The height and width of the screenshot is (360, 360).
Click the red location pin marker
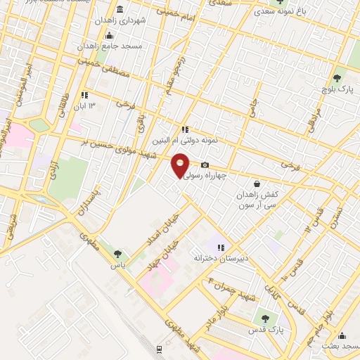(181, 165)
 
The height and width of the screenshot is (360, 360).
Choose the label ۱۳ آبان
(100, 106)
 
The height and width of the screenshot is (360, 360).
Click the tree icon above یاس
(117, 255)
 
